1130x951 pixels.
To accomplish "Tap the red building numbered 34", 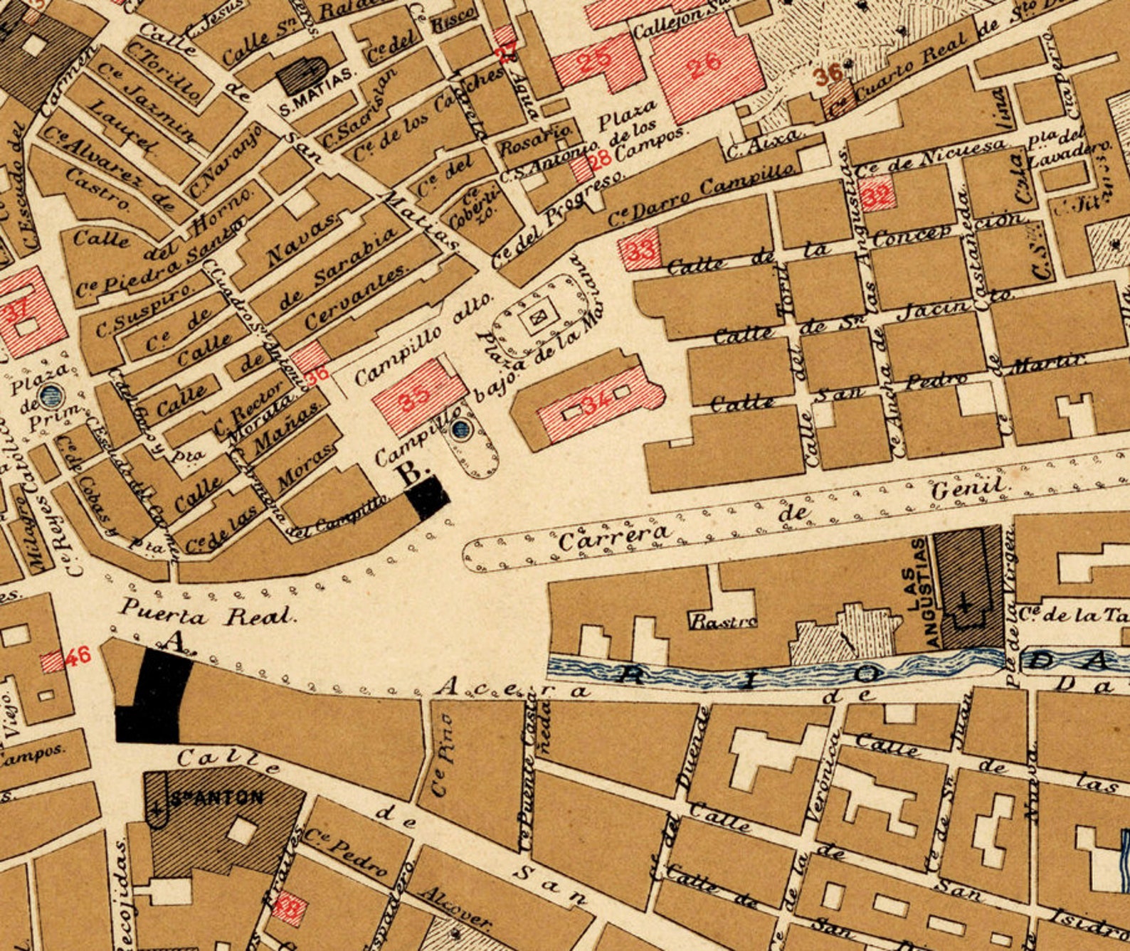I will pyautogui.click(x=596, y=404).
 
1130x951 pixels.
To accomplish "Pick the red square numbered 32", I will pyautogui.click(x=876, y=196).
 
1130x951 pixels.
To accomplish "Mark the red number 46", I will pyautogui.click(x=78, y=655).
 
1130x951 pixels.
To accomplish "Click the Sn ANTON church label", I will pyautogui.click(x=213, y=797).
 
